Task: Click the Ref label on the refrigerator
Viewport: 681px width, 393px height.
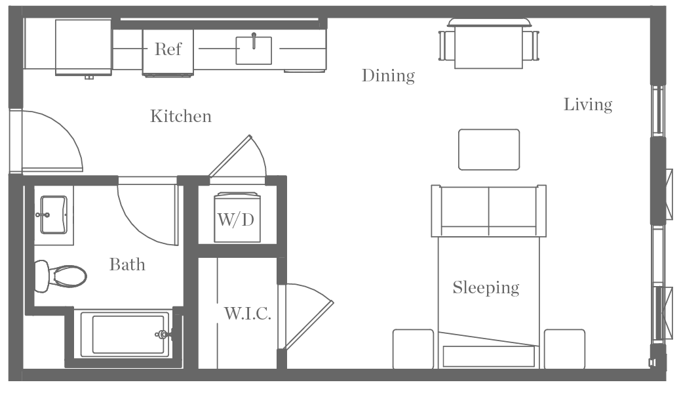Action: click(x=168, y=49)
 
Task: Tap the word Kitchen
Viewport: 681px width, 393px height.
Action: click(x=181, y=117)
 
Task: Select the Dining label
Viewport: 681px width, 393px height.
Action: click(x=388, y=76)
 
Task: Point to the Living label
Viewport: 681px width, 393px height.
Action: click(x=588, y=104)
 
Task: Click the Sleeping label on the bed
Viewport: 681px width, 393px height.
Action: click(x=486, y=287)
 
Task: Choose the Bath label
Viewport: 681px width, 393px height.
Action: click(x=127, y=265)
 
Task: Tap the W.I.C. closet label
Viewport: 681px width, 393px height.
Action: click(x=247, y=314)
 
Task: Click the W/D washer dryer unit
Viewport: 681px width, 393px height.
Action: click(x=236, y=218)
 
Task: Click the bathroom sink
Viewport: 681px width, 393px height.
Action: click(x=54, y=214)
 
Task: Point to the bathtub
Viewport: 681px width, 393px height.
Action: click(x=127, y=335)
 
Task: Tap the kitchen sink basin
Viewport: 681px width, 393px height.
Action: click(x=254, y=51)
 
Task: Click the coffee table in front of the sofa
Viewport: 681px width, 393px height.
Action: click(x=489, y=150)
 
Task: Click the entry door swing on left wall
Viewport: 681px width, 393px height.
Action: click(x=49, y=141)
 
